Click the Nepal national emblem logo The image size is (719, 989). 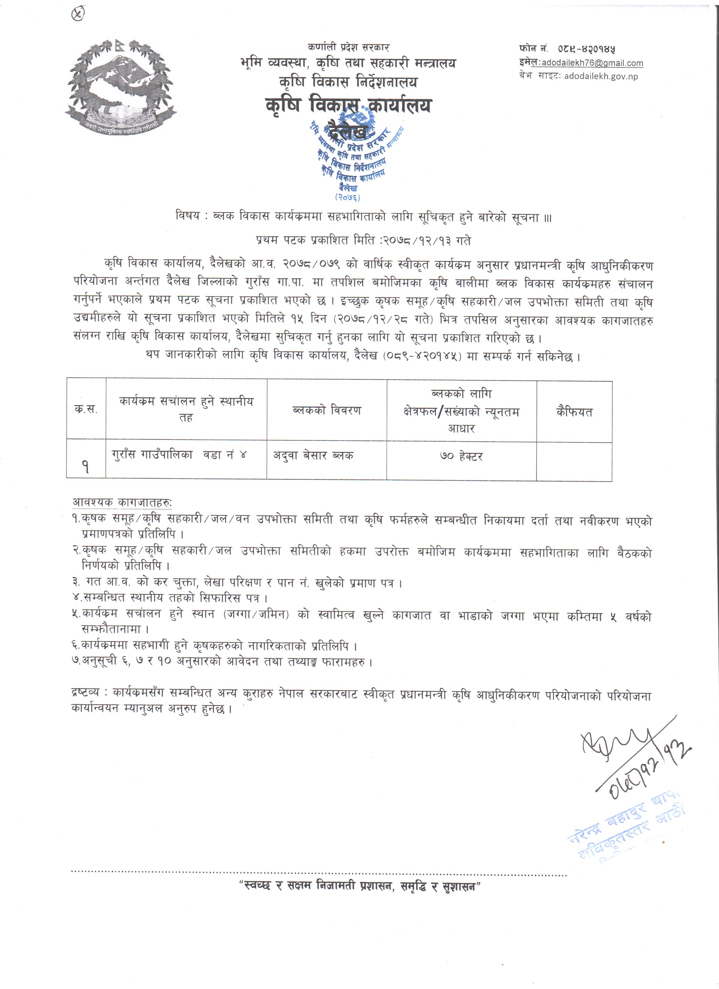click(x=121, y=86)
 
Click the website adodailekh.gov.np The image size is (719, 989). click(x=601, y=76)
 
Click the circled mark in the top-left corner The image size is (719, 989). click(x=78, y=14)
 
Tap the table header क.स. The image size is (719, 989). click(x=86, y=409)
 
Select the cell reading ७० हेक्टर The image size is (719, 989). click(x=461, y=456)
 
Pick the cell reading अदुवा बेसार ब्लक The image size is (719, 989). click(x=313, y=456)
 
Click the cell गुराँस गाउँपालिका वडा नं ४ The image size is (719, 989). click(x=179, y=454)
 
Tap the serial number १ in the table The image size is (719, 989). click(x=85, y=467)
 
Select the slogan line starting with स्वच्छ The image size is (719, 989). click(x=360, y=887)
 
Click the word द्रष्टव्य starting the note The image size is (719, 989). click(x=86, y=692)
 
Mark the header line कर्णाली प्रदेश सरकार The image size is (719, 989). click(x=348, y=47)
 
